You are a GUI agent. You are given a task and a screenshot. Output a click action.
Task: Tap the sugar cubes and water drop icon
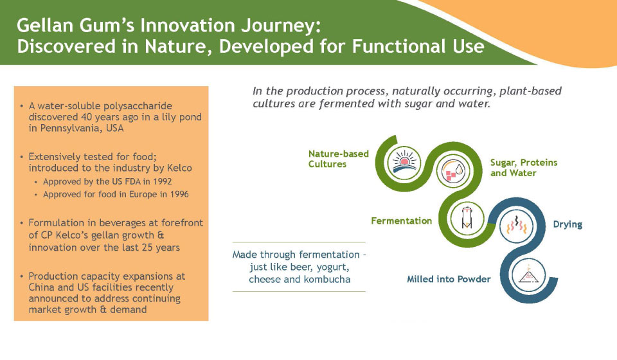coord(453,171)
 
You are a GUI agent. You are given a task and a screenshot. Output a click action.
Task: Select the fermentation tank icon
coord(467,217)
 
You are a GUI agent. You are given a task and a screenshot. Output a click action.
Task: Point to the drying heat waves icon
coord(516,226)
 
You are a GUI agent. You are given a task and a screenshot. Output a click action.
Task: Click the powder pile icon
coord(528,274)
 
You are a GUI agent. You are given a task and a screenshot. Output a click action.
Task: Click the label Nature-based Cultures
coord(339,159)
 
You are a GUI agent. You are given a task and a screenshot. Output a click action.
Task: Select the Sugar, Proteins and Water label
coord(524,168)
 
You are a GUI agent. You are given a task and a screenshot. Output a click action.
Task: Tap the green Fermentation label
coord(401,221)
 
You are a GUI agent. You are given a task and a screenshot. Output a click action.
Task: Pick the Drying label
coord(568,224)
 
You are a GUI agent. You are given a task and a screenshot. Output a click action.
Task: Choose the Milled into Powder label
coord(449,279)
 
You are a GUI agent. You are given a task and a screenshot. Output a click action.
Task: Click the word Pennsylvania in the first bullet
coord(71,129)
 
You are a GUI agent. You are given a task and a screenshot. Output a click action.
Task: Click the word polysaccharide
coord(138,106)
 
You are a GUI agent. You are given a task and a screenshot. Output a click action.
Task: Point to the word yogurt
coord(334,267)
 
